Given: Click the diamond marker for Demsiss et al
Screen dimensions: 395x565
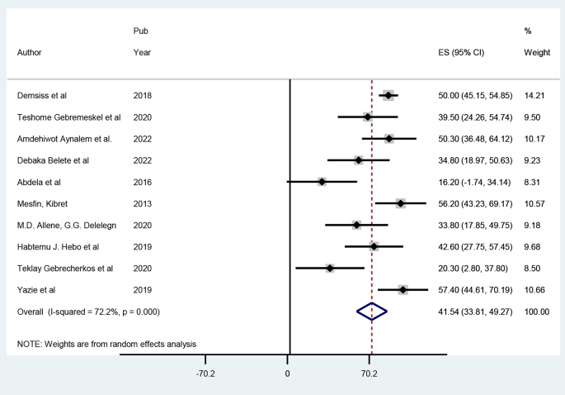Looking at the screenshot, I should point(388,96).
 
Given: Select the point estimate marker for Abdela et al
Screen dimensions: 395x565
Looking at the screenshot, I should point(322,182).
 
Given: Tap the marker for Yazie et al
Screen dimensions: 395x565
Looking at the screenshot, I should point(403,289).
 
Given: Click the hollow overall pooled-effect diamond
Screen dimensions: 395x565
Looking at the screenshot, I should point(371,311).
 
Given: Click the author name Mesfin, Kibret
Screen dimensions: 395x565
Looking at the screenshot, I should point(46,203).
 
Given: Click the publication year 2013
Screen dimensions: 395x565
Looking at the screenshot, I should point(142,203).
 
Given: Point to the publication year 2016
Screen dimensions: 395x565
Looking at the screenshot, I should point(142,182).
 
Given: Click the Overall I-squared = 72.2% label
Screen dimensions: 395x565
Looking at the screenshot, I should point(88,311).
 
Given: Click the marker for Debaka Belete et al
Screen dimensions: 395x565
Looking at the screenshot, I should point(358,160).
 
